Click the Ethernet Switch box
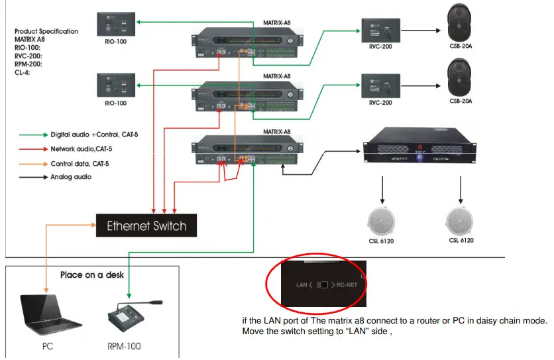pos(146,225)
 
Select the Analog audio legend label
pos(71,177)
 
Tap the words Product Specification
pos(46,31)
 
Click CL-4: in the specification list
pos(22,73)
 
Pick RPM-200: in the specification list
pos(29,65)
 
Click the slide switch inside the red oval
pos(323,284)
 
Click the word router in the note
pos(415,321)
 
